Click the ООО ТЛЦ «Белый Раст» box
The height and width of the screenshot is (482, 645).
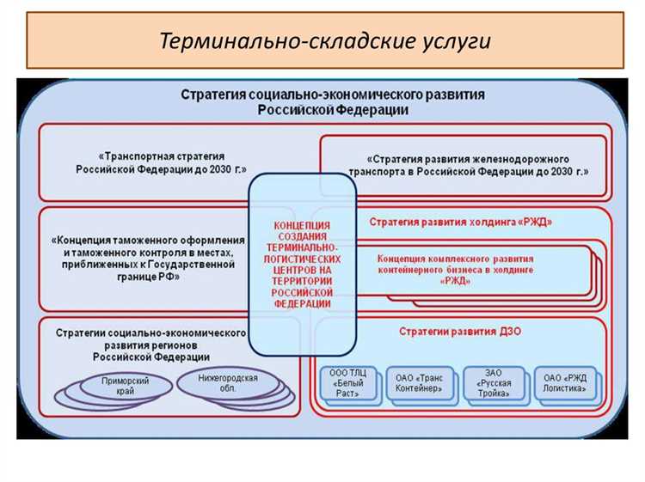click(347, 382)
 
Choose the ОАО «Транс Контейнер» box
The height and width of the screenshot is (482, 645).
click(419, 382)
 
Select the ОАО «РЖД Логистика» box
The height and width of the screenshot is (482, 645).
click(564, 382)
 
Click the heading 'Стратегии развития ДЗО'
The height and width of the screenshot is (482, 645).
click(455, 331)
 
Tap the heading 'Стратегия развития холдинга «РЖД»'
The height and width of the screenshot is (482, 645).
click(461, 222)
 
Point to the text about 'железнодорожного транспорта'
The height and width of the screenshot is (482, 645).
click(469, 165)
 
